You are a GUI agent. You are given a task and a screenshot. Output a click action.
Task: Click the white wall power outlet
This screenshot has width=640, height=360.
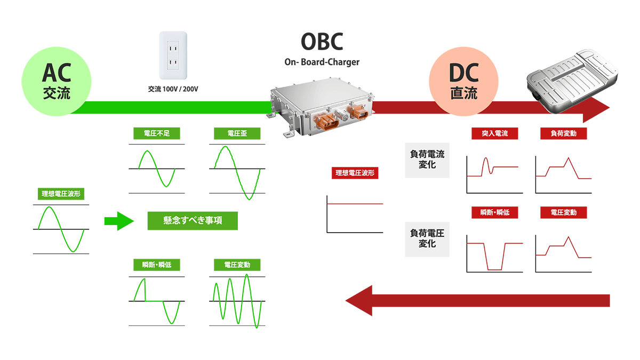coord(173,55)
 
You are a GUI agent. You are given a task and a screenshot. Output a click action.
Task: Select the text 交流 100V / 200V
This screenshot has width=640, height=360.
coord(173,89)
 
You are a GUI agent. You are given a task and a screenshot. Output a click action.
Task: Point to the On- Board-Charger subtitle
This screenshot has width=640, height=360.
coord(322,62)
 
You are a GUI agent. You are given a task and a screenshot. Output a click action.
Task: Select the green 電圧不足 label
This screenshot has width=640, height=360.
coord(157,133)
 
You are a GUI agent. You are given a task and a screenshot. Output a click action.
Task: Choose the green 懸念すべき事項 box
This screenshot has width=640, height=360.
coord(193,220)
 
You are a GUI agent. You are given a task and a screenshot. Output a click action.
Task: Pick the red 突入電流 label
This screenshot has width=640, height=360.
coord(494,133)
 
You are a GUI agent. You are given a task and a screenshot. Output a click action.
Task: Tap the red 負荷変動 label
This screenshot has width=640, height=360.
coord(563,133)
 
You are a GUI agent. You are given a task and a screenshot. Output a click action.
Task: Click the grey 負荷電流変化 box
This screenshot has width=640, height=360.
coord(427,159)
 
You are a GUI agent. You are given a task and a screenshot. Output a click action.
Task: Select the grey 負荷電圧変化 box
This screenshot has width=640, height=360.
coord(427,238)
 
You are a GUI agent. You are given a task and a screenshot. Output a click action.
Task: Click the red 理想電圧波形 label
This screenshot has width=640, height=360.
coord(355,173)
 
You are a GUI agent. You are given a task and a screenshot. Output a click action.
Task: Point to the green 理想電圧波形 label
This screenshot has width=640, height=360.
coord(61,194)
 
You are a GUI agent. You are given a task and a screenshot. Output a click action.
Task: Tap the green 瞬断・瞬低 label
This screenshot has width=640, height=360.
coord(157,265)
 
